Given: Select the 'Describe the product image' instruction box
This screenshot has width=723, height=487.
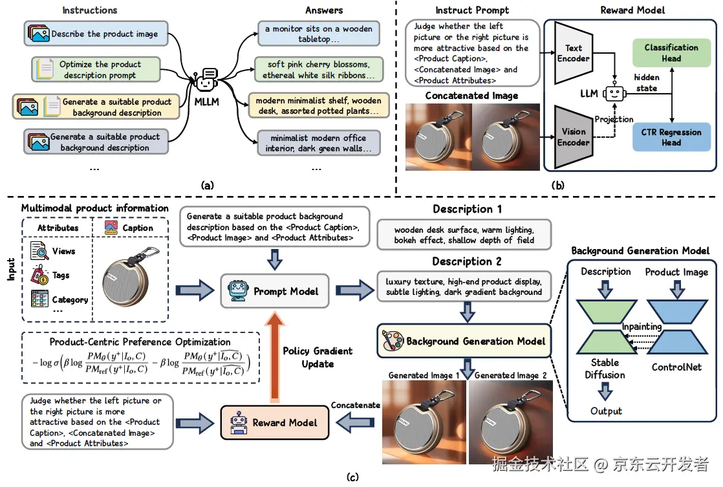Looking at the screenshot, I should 96,34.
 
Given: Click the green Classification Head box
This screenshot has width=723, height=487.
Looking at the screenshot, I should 671,53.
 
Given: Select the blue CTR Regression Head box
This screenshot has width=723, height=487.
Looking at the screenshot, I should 671,137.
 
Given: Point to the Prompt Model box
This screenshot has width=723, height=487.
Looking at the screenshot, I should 276,292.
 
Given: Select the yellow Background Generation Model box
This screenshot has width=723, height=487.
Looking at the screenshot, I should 463,341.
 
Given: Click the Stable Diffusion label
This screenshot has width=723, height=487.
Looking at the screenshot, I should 605,369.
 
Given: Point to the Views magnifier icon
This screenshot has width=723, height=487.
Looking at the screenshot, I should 41,252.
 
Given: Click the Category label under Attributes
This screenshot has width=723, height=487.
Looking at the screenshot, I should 70,300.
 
